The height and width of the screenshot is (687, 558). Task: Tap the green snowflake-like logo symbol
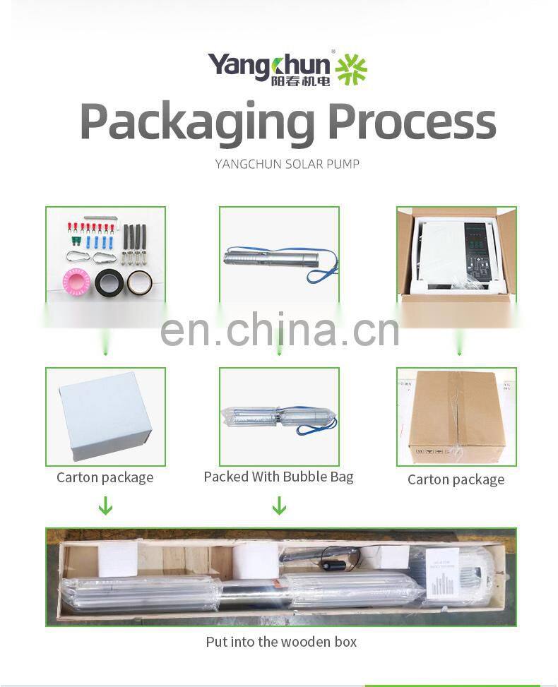(x=351, y=68)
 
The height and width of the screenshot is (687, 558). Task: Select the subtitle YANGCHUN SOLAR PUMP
(x=287, y=164)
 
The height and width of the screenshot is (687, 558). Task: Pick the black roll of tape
(x=109, y=282)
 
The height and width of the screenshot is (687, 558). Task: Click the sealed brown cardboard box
(x=456, y=416)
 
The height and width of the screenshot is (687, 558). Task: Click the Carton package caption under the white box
(x=105, y=477)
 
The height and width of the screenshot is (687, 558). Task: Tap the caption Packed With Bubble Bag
(x=278, y=477)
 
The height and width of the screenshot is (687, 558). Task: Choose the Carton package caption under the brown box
(x=456, y=479)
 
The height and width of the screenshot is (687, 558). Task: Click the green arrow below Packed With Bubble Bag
(x=279, y=505)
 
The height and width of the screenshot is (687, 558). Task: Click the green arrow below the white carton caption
(x=105, y=506)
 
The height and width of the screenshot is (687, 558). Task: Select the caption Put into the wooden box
(x=281, y=642)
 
